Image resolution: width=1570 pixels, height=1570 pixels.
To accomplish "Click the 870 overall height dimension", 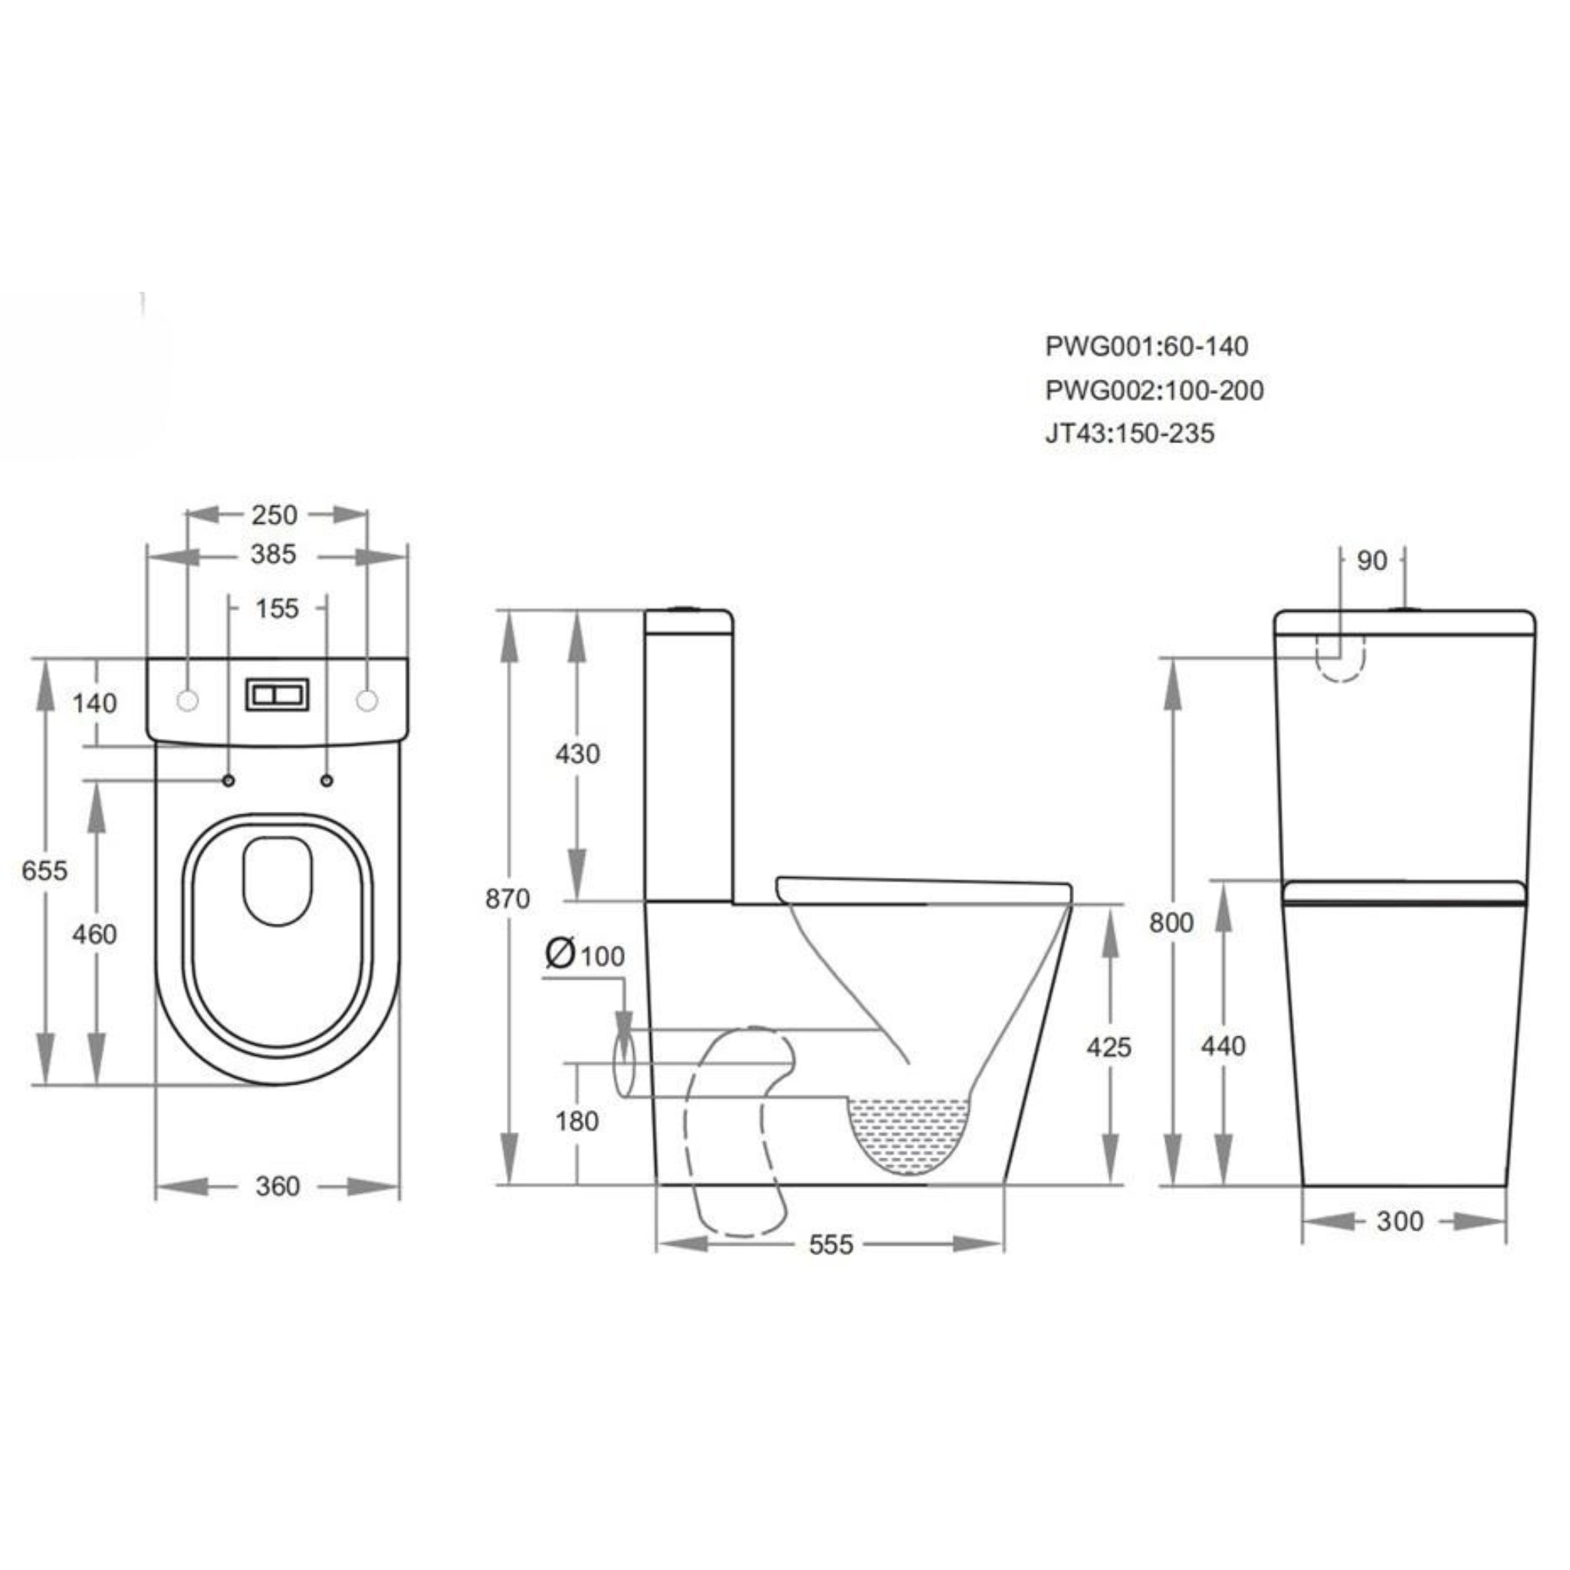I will (507, 898).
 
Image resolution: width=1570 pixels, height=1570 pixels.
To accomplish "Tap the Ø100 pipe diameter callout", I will (585, 955).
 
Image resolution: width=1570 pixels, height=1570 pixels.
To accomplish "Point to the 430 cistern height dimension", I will (577, 754).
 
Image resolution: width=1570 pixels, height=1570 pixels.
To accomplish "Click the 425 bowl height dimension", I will (1109, 1047).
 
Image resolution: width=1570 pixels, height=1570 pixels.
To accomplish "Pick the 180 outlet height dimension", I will (576, 1122).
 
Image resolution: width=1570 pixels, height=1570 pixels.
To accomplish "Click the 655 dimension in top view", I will (44, 870).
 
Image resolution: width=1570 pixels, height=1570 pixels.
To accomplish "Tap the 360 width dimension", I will (277, 1187).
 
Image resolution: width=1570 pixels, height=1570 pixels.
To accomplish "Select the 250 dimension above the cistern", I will (274, 515).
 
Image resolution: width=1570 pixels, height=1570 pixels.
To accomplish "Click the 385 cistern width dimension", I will (273, 555).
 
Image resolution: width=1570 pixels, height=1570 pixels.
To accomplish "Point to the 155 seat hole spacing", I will (277, 609).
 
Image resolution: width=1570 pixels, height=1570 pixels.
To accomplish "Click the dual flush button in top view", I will (277, 695).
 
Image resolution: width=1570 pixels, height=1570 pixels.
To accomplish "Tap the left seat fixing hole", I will (228, 781).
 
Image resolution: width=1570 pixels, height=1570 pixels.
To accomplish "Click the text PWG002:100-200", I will (1154, 391).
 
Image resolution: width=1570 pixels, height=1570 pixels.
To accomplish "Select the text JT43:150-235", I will (1129, 434).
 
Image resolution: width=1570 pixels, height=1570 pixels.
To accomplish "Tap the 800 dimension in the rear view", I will (1171, 922).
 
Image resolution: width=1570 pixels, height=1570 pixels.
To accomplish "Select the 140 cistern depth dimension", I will (94, 703).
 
